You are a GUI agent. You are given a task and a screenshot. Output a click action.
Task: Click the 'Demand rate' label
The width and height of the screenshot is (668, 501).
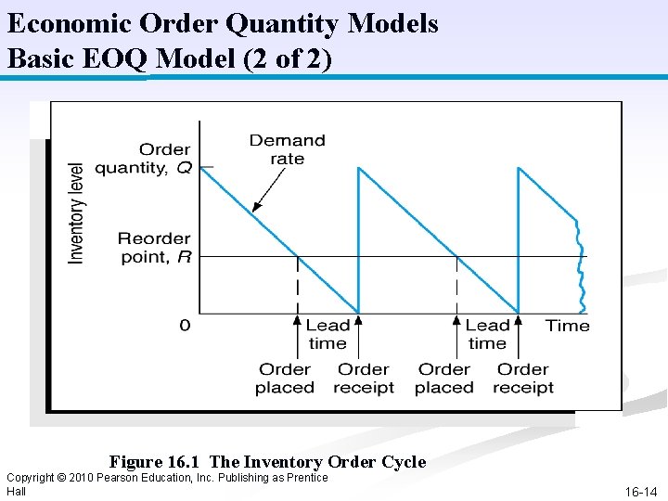[287, 149]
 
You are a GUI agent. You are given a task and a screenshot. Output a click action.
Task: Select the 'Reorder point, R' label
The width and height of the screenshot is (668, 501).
[153, 248]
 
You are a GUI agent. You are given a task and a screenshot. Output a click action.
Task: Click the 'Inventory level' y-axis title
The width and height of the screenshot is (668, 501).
[77, 213]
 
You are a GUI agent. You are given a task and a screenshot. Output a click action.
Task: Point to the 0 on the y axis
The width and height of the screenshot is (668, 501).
[185, 326]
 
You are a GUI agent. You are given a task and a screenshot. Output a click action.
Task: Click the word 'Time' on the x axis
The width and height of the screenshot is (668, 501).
[567, 326]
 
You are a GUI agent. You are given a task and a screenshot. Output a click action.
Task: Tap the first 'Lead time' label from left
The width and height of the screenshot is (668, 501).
[328, 334]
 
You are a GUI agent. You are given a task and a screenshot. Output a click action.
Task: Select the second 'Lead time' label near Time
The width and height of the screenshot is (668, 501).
[487, 334]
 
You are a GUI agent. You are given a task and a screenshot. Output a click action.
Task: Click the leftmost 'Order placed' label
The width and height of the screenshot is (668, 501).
[284, 379]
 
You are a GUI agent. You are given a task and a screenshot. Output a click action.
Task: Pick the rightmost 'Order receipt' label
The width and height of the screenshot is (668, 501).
[523, 379]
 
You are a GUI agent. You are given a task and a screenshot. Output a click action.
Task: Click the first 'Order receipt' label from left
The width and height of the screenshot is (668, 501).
[364, 379]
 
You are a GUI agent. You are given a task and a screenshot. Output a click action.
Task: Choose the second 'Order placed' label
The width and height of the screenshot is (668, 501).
[443, 379]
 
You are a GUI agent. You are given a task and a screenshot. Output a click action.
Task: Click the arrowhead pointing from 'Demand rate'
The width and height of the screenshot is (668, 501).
[255, 207]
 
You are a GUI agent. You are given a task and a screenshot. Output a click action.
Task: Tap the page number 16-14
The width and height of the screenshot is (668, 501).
[642, 492]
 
